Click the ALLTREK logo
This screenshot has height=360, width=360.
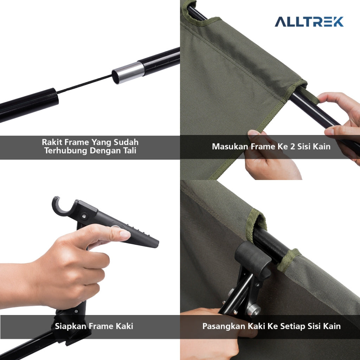309,21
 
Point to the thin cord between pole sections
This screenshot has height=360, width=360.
84,84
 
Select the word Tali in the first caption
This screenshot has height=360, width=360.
130,150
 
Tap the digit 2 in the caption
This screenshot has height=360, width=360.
292,147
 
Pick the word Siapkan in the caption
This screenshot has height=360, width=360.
70,326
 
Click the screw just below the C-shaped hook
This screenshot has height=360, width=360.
84,216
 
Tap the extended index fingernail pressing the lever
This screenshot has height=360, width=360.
125,234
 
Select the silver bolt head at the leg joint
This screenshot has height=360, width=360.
253,309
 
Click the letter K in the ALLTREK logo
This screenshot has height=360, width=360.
338,21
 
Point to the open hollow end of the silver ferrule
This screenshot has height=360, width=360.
115,77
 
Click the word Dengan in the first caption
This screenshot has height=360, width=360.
105,151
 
